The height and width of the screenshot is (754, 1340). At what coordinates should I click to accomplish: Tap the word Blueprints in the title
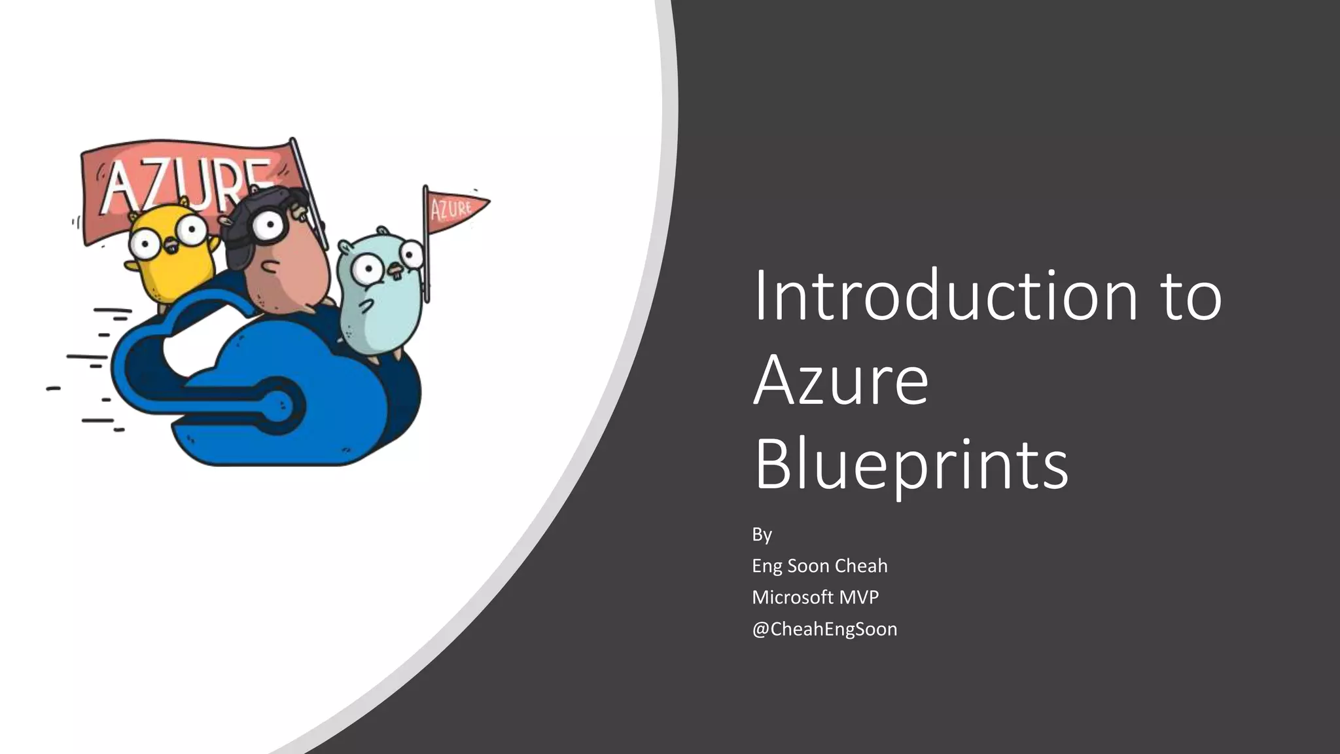(911, 465)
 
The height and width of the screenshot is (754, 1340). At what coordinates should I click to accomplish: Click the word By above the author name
(762, 535)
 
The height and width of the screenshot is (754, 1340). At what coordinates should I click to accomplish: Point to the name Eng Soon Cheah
(819, 566)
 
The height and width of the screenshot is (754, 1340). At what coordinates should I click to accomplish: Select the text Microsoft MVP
(815, 598)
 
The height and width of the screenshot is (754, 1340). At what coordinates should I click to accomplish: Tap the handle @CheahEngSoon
(824, 629)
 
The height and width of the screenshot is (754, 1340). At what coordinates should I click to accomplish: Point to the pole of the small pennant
(427, 262)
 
